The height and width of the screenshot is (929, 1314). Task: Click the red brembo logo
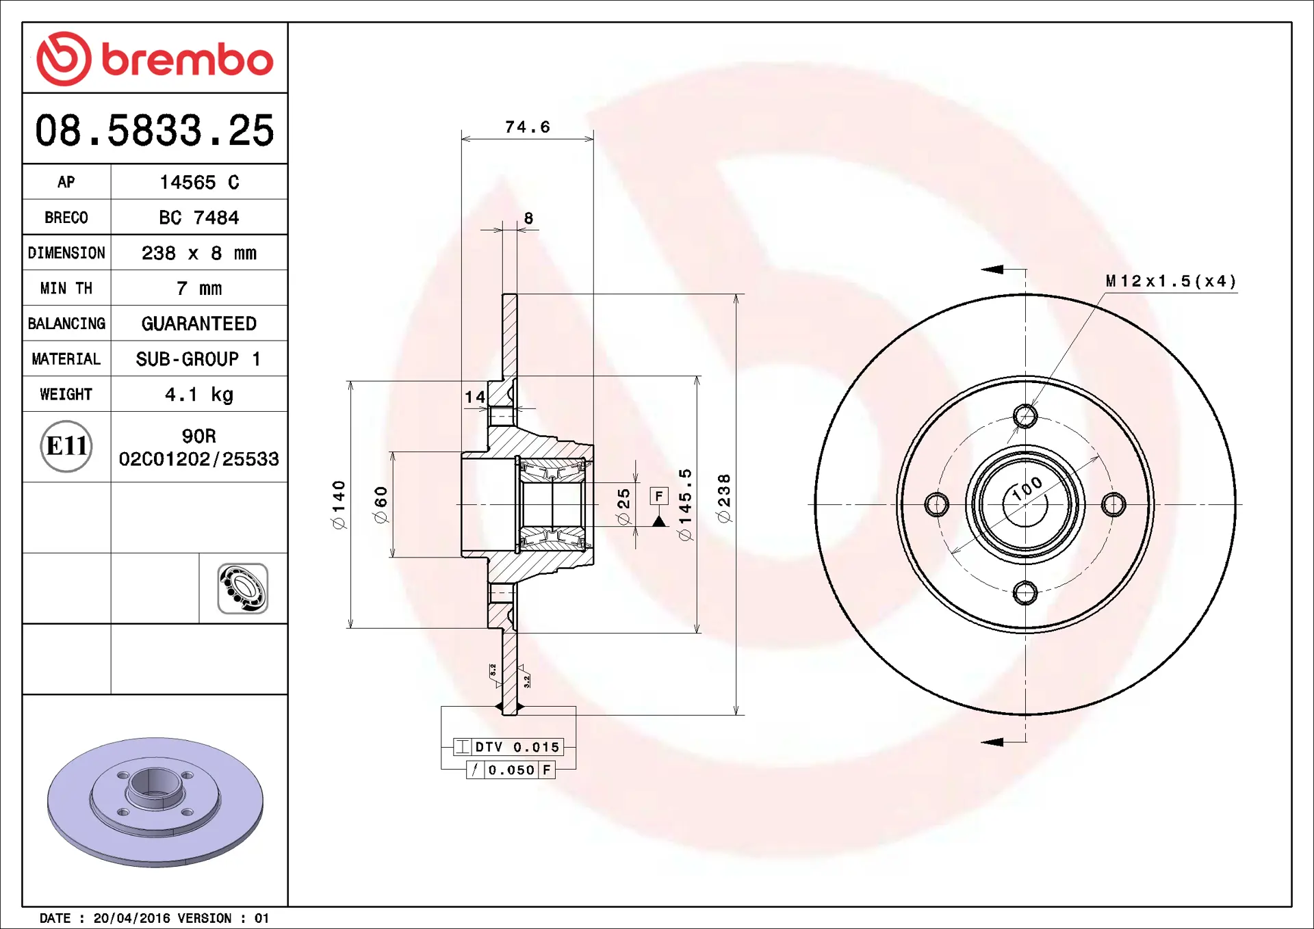155,59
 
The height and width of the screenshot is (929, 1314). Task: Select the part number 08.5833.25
155,130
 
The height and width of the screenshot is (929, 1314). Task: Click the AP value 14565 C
199,182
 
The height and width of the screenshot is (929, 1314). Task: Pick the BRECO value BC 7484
199,218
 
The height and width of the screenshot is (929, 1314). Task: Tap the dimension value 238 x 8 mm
199,253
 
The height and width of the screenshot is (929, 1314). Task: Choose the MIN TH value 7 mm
199,289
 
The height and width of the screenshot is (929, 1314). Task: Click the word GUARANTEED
199,324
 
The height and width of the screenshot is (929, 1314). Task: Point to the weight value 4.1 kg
199,395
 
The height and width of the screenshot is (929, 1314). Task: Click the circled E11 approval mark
66,446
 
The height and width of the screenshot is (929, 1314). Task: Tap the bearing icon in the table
243,588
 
